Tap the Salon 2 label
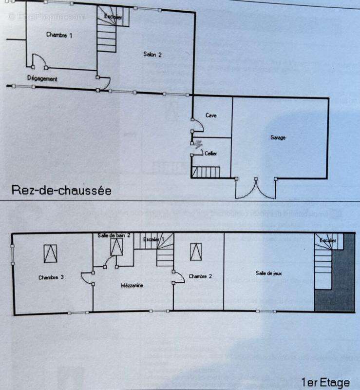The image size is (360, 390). (152, 55)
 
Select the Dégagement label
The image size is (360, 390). (42, 78)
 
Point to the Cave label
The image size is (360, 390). (210, 116)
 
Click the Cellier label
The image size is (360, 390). (210, 154)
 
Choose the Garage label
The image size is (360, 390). (278, 138)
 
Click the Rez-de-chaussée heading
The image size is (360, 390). (61, 190)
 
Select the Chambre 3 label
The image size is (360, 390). (51, 277)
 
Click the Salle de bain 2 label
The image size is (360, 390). (114, 235)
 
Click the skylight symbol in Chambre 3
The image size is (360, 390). (51, 253)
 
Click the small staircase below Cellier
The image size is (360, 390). (206, 172)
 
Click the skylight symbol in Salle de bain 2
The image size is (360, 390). (116, 247)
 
